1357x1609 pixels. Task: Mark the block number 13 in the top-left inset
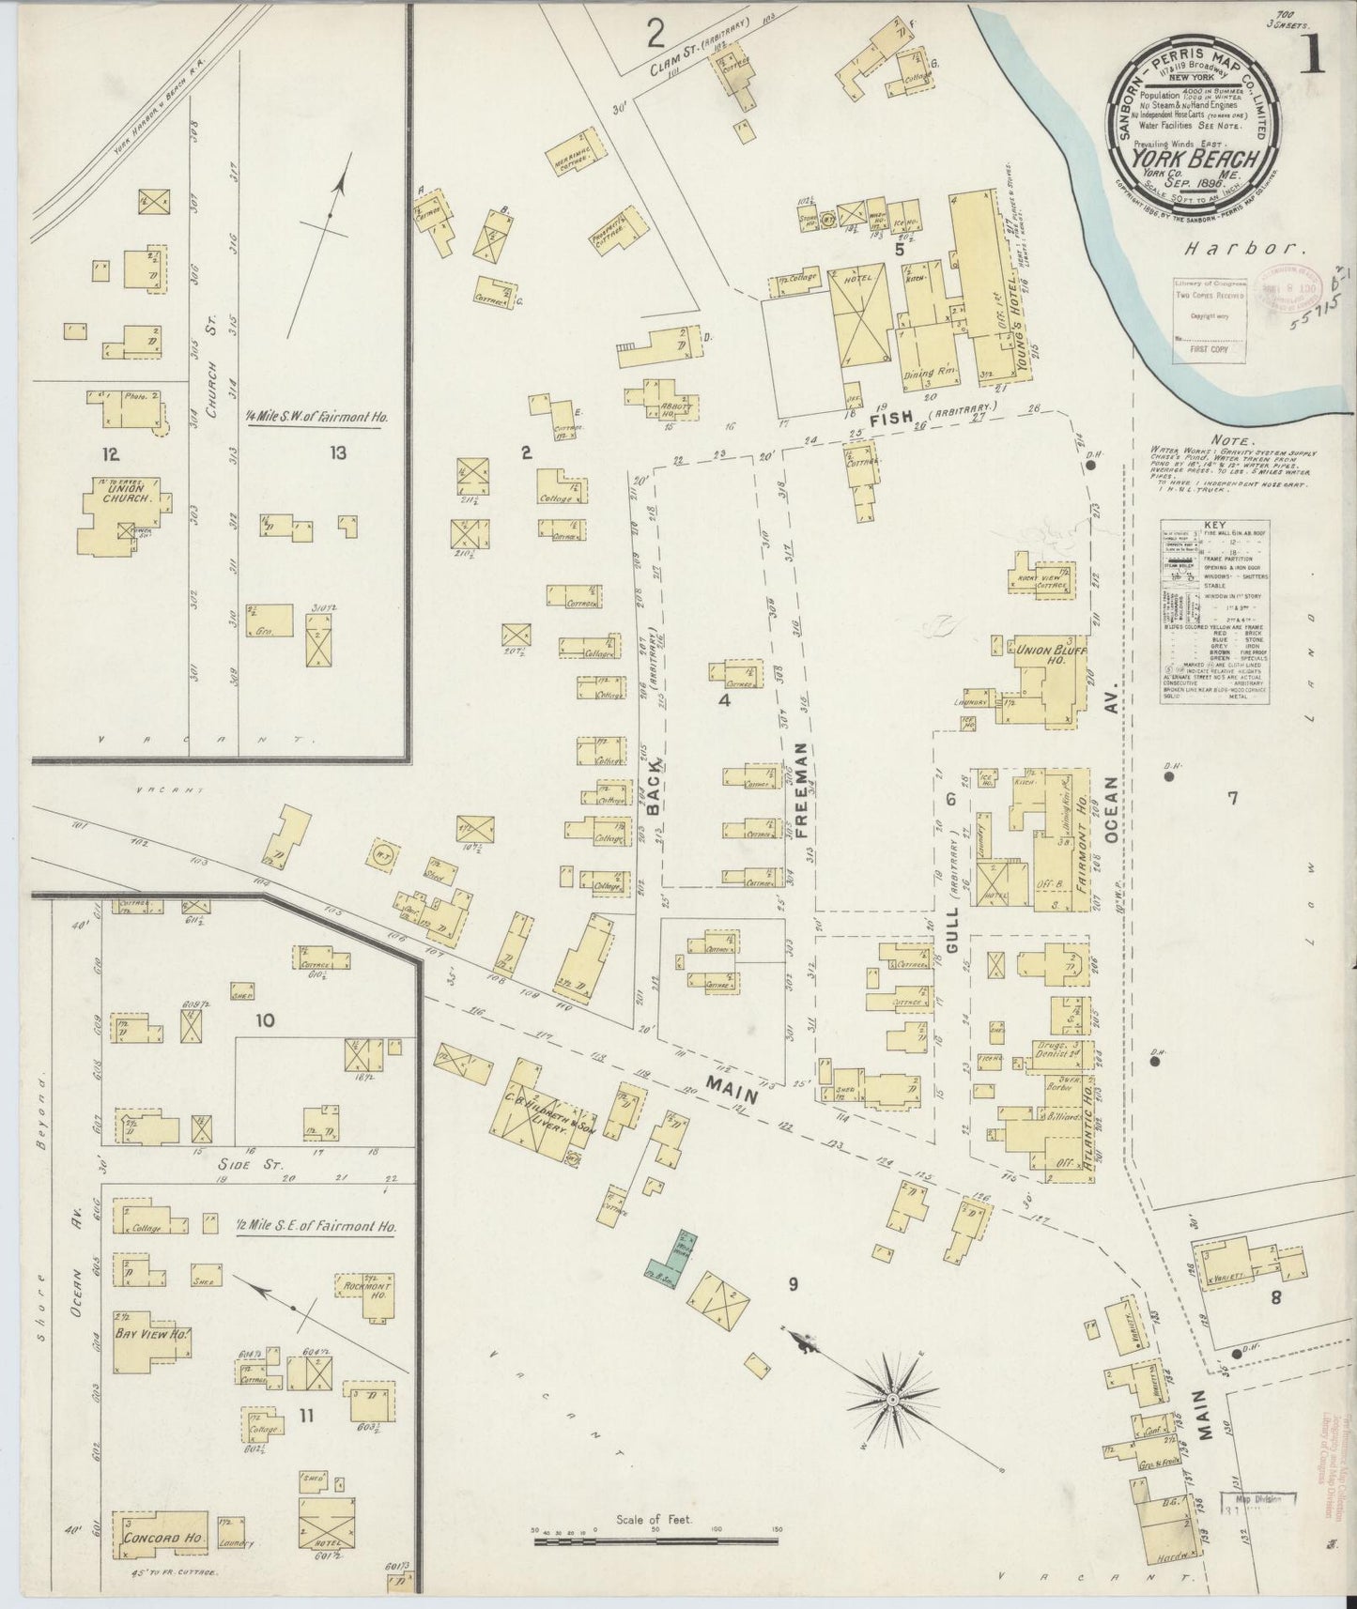pos(337,453)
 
